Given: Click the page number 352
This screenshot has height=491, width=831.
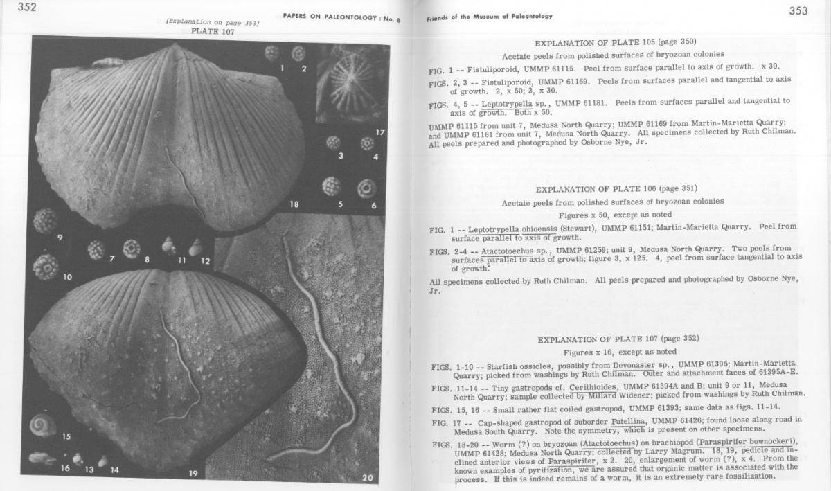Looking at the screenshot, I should point(27,8).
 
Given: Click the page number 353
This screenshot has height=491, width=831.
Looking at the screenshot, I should point(798,10).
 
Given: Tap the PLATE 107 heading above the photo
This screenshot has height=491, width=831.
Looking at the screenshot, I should point(212,32).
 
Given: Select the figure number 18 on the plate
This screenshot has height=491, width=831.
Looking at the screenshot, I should point(294,204).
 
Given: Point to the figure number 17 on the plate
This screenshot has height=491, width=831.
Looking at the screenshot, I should point(380,132).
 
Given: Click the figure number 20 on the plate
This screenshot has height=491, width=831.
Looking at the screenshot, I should point(367,477).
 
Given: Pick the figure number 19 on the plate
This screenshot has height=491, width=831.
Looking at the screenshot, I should point(193,474).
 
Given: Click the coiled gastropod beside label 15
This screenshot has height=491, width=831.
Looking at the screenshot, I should point(43,425).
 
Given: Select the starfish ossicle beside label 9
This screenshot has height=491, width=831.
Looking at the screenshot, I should point(46,221).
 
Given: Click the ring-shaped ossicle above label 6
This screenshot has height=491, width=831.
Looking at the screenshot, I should point(366,188).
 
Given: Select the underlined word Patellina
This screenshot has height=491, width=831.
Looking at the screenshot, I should point(629,420).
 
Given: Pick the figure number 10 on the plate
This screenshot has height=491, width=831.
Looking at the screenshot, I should point(67,277).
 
